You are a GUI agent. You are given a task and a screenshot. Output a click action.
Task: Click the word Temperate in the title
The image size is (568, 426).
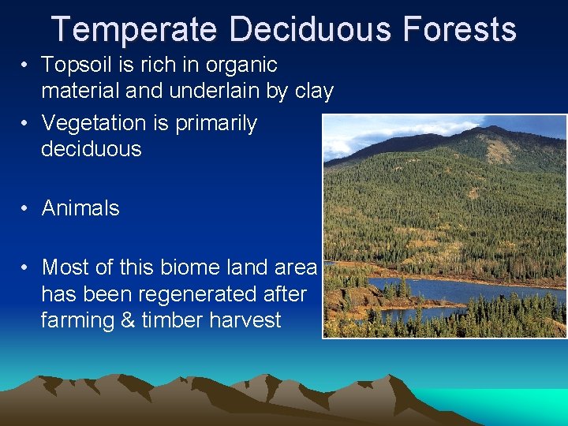[133, 29]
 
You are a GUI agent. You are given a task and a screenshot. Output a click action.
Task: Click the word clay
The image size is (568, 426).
[313, 92]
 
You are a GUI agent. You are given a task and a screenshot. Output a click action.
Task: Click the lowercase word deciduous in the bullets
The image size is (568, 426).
[91, 149]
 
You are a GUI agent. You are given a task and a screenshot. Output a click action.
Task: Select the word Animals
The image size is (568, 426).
[80, 208]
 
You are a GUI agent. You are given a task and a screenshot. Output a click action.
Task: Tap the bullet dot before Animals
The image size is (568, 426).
[26, 209]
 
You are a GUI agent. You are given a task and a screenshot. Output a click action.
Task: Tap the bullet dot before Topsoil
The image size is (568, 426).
[26, 65]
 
